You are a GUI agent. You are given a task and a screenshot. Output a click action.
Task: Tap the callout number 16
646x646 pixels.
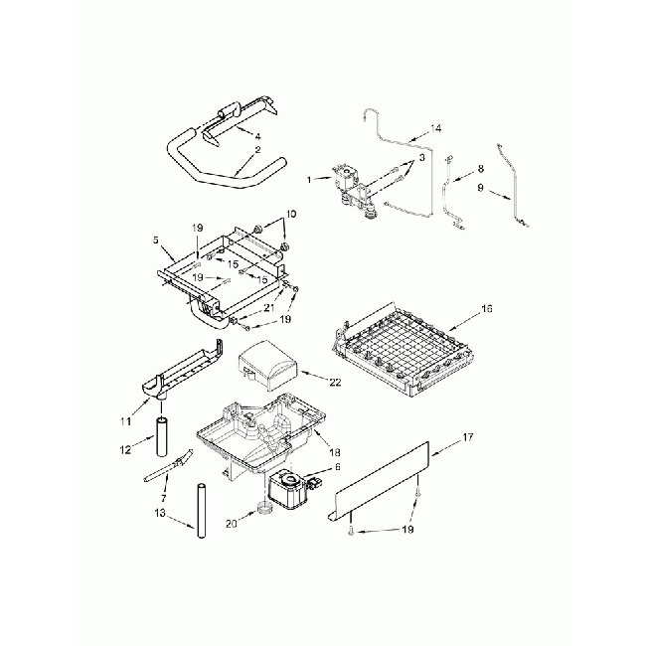point(486,310)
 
